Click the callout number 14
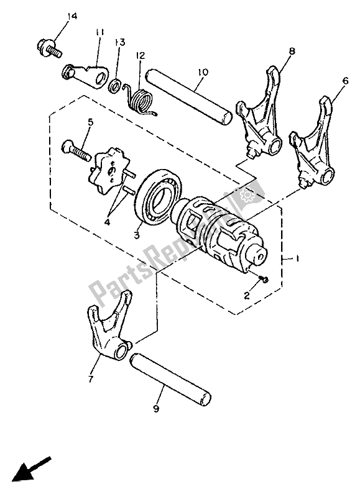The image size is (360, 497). [x=72, y=17]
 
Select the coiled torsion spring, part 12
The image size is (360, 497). [x=139, y=98]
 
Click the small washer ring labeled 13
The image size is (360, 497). [x=115, y=86]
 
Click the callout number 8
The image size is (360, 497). [x=292, y=51]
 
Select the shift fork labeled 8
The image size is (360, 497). [x=260, y=111]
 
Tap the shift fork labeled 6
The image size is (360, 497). [x=312, y=143]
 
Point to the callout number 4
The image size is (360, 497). [x=108, y=222]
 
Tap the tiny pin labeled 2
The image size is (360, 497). [x=263, y=279]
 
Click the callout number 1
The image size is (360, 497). [x=297, y=259]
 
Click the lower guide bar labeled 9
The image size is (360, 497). [x=170, y=380]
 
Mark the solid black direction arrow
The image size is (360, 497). [x=30, y=468]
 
